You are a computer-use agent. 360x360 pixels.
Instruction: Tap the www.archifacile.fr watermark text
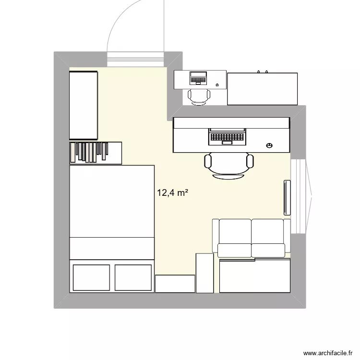330,352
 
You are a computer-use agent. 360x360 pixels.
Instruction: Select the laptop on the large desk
227,136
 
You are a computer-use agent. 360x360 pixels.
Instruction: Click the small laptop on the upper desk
198,77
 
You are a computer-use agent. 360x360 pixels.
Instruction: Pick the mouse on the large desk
269,145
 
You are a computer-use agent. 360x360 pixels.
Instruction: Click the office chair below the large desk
229,165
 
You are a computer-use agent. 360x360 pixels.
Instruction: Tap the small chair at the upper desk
198,96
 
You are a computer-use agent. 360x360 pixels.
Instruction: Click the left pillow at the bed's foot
91,277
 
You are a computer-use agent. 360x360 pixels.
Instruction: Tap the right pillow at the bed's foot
133,277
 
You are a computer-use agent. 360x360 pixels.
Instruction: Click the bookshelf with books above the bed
96,152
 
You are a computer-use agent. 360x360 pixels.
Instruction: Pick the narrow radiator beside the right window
287,197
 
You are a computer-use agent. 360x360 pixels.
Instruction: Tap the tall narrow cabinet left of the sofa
204,273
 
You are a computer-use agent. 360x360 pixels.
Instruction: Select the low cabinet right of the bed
175,283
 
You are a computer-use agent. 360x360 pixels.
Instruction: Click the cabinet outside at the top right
262,89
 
